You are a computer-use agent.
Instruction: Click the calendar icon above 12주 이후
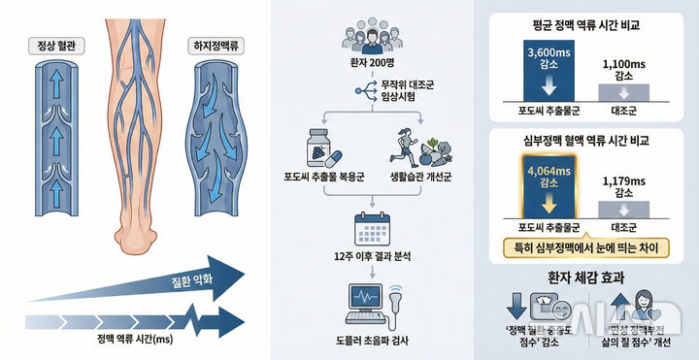coord(372,229)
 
